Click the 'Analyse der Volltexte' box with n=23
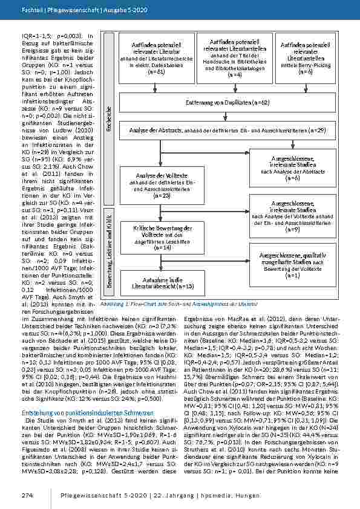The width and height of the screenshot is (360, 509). pyautogui.click(x=158, y=185)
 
